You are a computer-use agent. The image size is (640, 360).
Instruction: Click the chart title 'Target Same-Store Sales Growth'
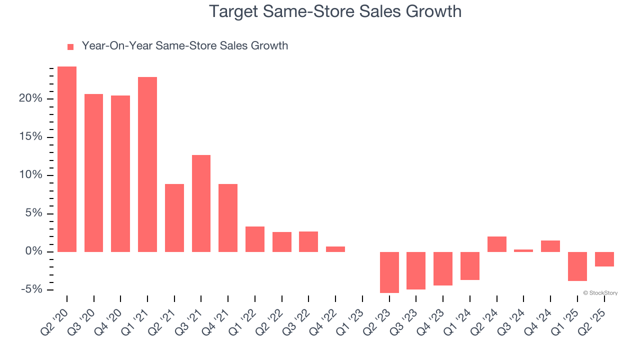coord(335,11)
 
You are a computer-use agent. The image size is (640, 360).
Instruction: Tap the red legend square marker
coord(70,46)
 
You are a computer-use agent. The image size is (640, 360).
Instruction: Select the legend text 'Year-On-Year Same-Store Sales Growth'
coord(184,46)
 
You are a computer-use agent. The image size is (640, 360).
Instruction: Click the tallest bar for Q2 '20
coord(67,159)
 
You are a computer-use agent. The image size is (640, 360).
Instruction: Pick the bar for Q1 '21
coord(147,164)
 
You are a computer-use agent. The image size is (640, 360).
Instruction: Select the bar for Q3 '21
coord(201,203)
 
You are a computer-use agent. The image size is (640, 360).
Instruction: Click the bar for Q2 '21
coord(174,217)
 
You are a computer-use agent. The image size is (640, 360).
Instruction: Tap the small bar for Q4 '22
coord(335,249)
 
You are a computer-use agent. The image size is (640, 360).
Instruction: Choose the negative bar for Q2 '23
coord(389,272)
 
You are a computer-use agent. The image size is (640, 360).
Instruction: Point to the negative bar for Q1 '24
coord(470,265)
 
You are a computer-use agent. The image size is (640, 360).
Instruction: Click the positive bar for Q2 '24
coord(496,244)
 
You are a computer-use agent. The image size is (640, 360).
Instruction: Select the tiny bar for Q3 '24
coord(523,250)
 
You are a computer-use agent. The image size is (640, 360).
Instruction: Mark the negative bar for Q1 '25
coord(577,266)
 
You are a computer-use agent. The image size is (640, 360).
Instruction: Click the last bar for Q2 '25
coord(604,259)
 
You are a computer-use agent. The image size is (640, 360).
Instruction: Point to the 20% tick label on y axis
coord(30,98)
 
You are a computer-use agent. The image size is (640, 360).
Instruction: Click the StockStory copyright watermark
coord(600,293)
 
